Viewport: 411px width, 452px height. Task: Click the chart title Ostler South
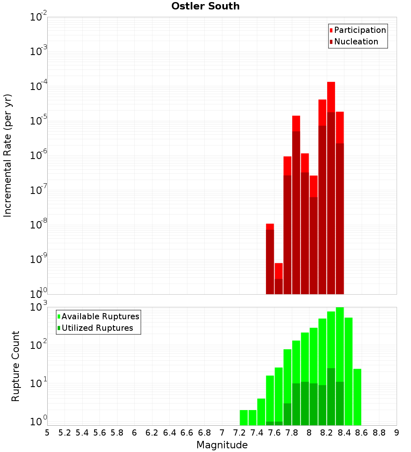click(x=205, y=6)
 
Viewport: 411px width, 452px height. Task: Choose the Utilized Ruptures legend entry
click(x=97, y=328)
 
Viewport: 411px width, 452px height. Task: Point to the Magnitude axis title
click(x=222, y=445)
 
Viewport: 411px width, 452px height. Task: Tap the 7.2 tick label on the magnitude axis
click(x=239, y=433)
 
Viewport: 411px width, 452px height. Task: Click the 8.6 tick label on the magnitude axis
click(x=362, y=433)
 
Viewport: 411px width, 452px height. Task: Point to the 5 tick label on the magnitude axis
click(x=47, y=433)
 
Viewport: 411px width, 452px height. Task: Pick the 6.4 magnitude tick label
click(x=169, y=433)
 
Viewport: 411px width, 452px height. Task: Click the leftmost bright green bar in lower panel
click(x=244, y=417)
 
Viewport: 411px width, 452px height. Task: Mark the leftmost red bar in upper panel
click(x=270, y=259)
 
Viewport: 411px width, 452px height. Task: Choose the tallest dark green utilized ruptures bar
click(x=331, y=397)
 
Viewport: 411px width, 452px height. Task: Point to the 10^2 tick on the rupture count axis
click(x=39, y=345)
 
